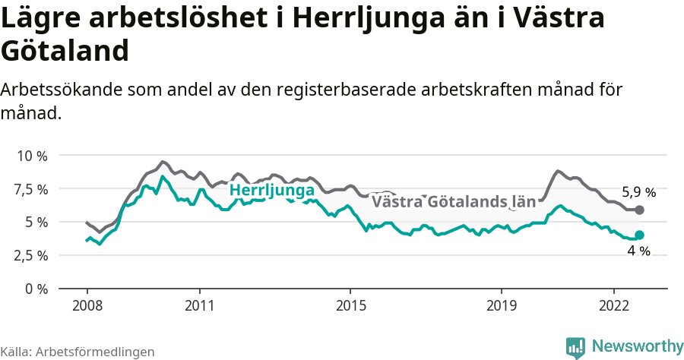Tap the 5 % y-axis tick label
pyautogui.click(x=36, y=223)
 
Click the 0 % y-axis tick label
pyautogui.click(x=36, y=289)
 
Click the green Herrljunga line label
pyautogui.click(x=271, y=190)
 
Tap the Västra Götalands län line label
pyautogui.click(x=454, y=202)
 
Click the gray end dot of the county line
pyautogui.click(x=639, y=210)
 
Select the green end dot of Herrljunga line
pyautogui.click(x=639, y=235)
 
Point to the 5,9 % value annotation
pyautogui.click(x=638, y=192)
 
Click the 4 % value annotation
pyautogui.click(x=638, y=251)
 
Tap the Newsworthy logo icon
pyautogui.click(x=575, y=347)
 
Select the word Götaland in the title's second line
pyautogui.click(x=64, y=51)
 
